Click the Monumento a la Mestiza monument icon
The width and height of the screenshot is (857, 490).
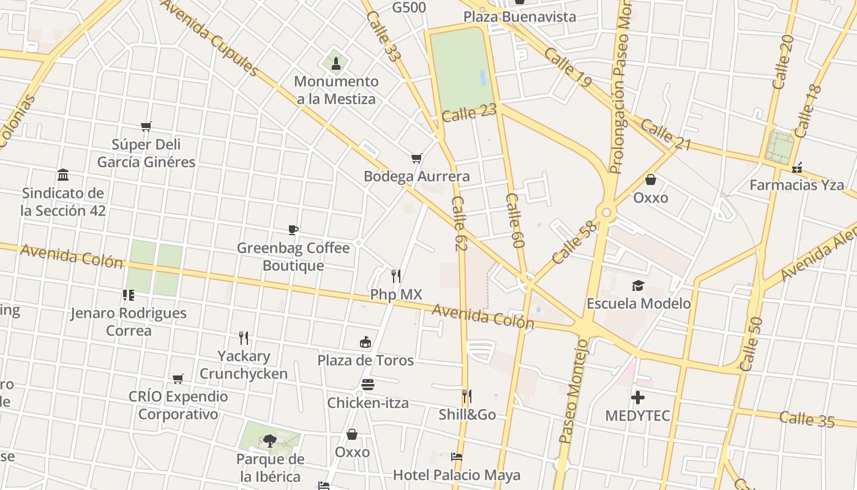pos(335,62)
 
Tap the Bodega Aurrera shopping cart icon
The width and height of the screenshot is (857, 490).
pos(417,159)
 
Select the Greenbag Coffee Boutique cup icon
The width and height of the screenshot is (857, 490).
pos(293,230)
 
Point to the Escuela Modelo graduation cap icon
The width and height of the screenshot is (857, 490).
pos(638,286)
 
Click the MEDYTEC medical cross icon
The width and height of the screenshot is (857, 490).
pos(638,398)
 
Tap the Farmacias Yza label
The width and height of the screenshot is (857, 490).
pos(796,185)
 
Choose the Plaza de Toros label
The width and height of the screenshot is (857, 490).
pos(365,360)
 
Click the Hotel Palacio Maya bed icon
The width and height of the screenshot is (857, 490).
pos(456,457)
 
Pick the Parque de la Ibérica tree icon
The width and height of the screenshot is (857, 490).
pos(269,440)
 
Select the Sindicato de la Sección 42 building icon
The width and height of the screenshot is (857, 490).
pos(63,175)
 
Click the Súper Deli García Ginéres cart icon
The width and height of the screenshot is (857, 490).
pos(146,127)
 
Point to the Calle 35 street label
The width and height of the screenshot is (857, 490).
pos(807,419)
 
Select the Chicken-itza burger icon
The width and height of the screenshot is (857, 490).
pos(368,385)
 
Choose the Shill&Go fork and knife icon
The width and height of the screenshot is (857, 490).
pos(467,396)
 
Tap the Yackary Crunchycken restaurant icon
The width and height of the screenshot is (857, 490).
pos(244,338)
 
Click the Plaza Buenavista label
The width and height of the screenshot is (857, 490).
pos(520,17)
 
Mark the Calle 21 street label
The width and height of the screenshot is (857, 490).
pos(666,135)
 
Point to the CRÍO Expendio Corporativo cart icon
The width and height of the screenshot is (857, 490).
pos(178,379)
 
